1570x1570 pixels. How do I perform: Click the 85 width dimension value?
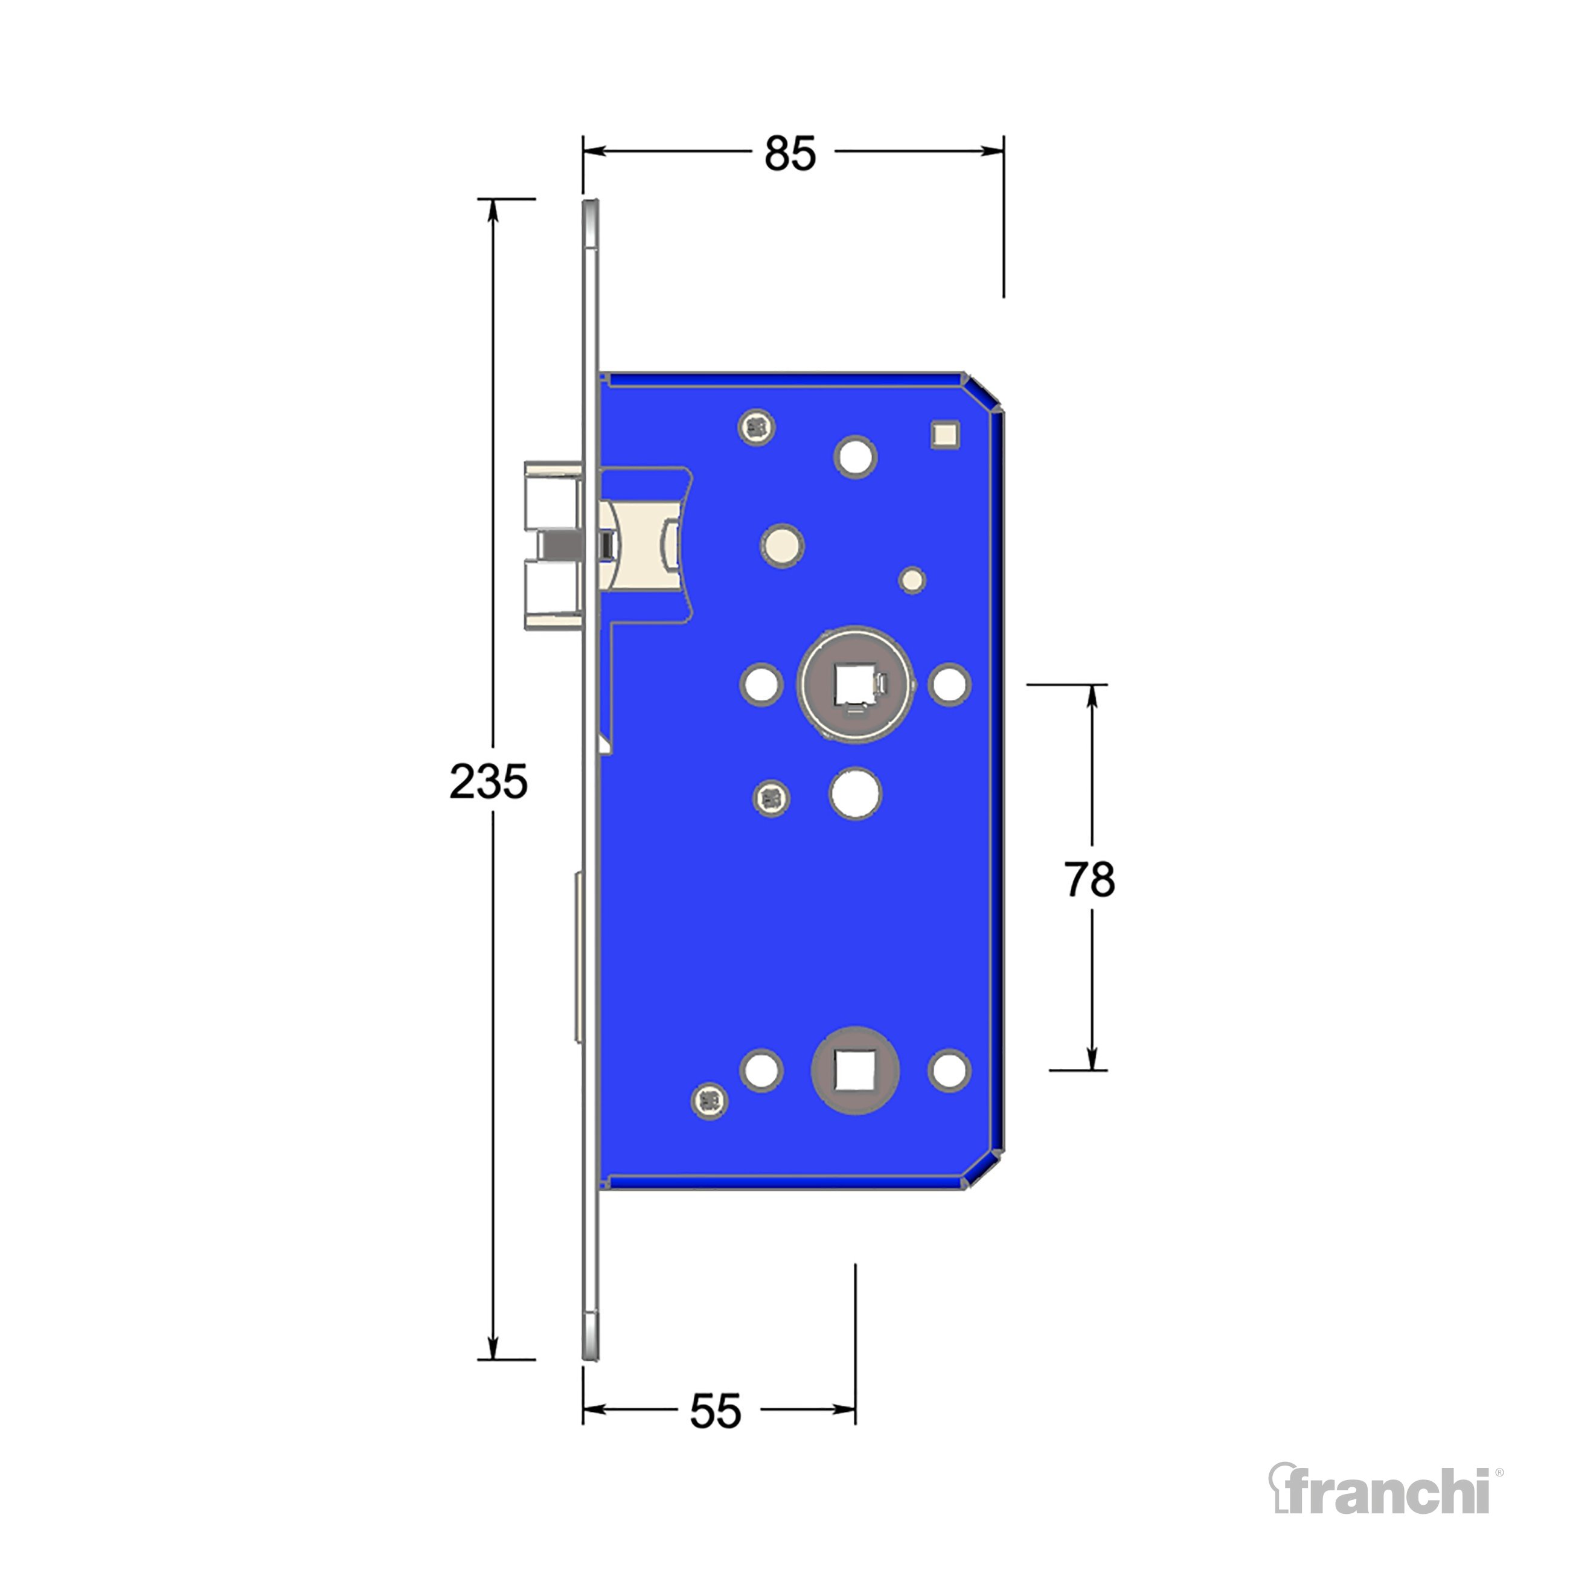pos(789,153)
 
